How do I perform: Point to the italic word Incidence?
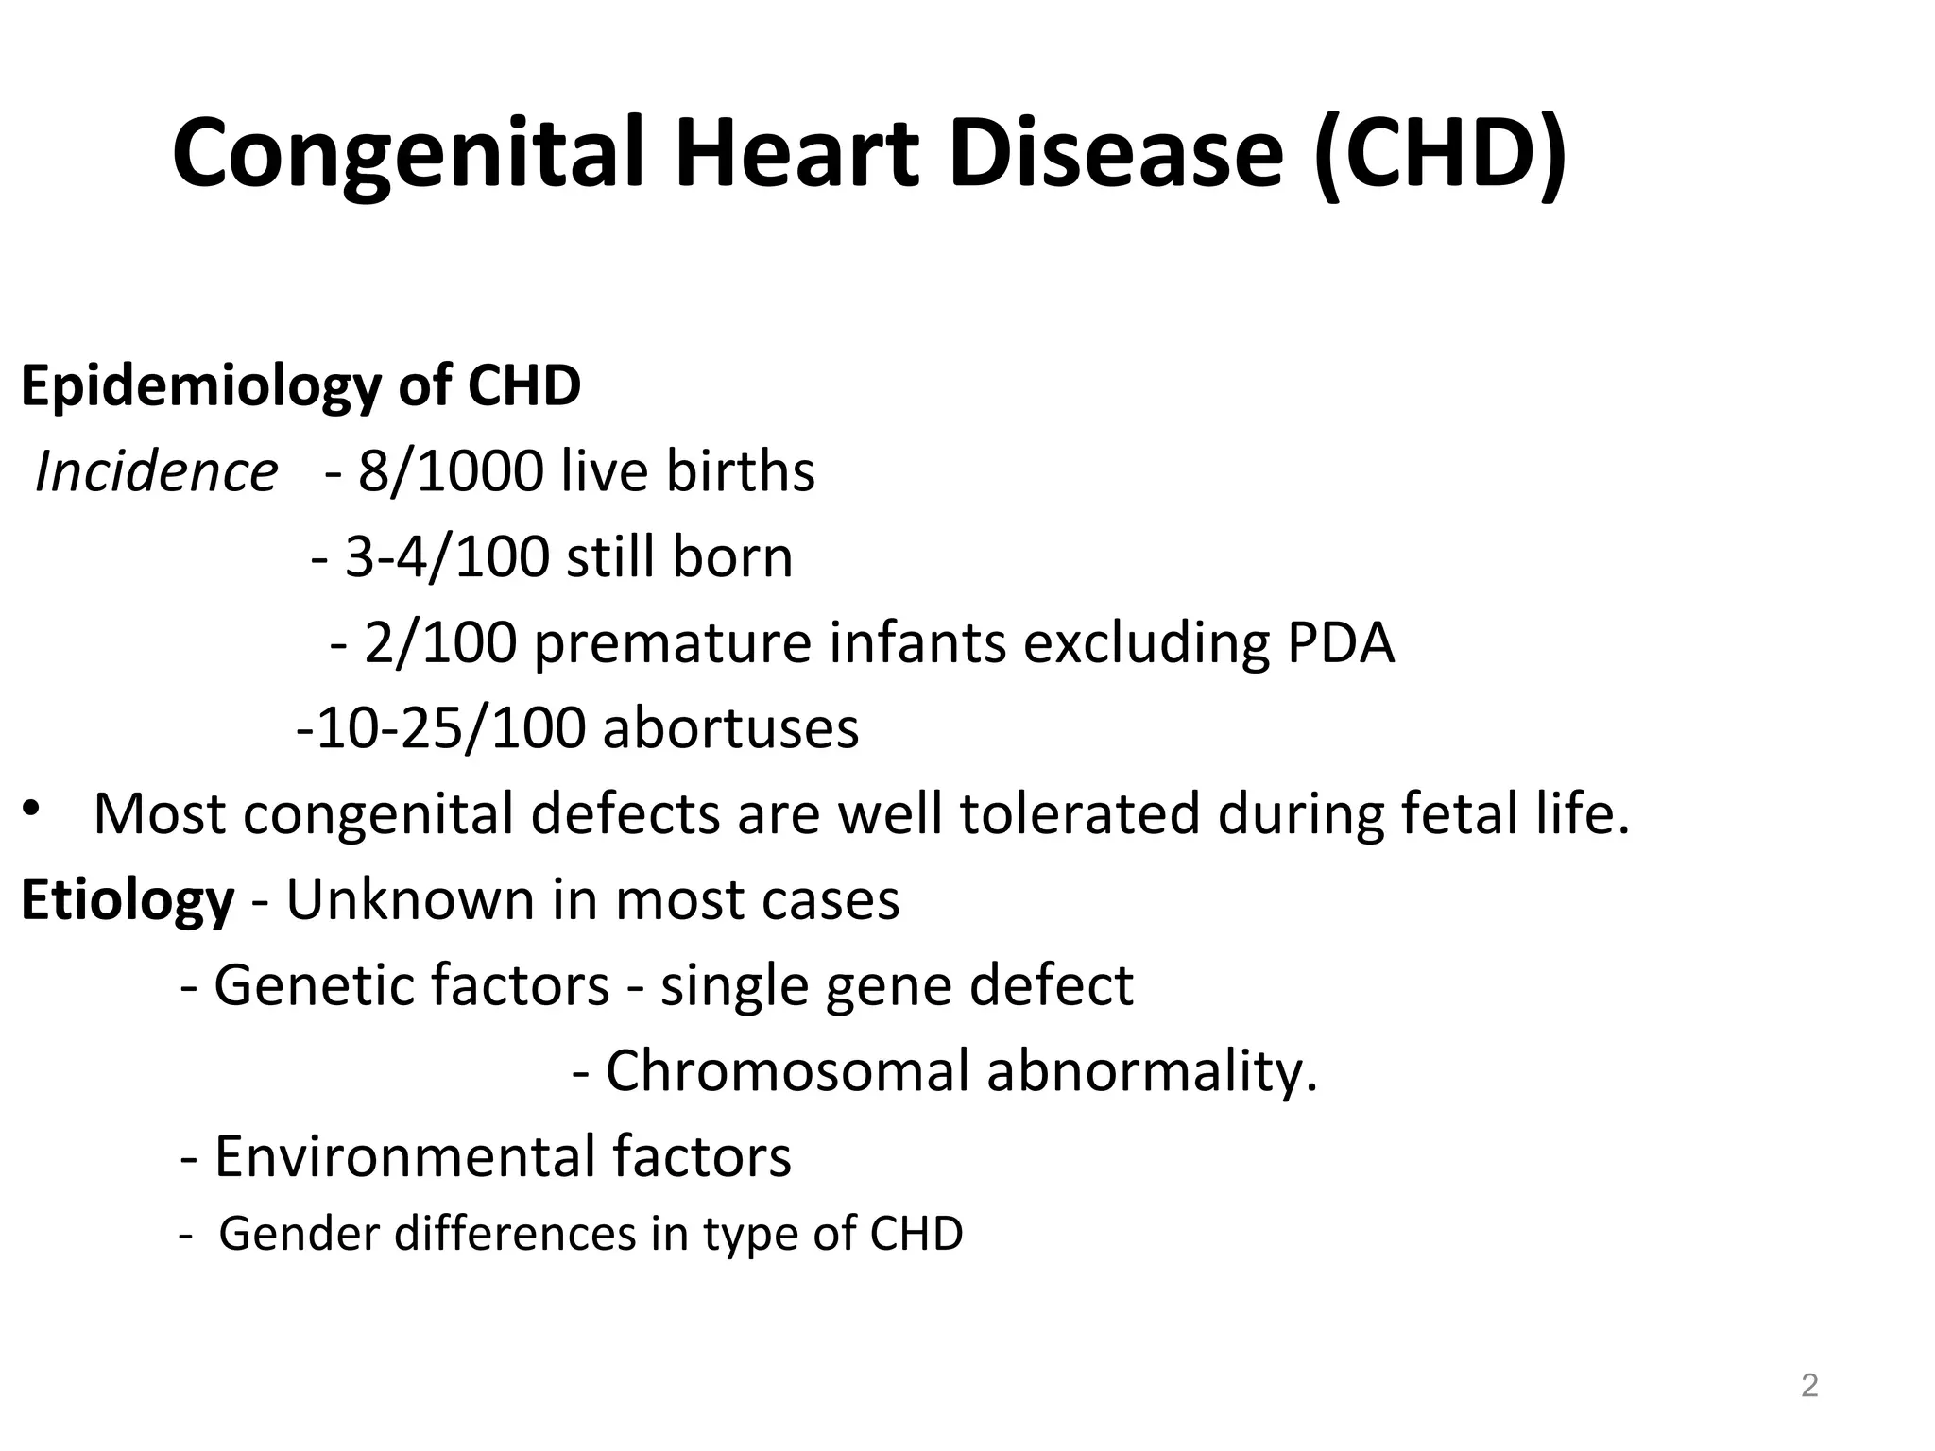point(156,471)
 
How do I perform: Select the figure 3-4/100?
point(446,557)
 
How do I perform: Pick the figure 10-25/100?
point(449,728)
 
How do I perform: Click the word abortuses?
point(730,728)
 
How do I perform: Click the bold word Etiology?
point(128,900)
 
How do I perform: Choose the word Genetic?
point(317,986)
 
